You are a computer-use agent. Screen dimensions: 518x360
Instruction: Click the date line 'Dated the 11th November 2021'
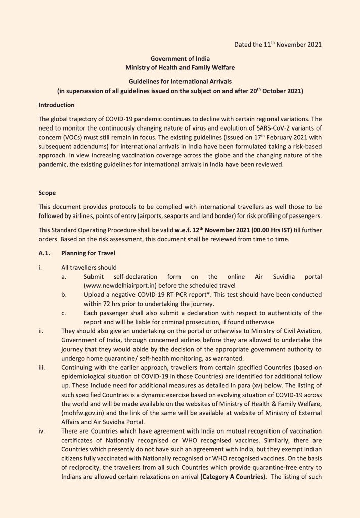click(278, 45)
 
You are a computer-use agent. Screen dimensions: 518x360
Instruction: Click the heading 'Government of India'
click(180, 59)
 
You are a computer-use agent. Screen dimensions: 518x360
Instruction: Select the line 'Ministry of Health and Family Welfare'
click(180, 67)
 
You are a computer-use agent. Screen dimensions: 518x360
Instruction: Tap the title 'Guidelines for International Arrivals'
click(180, 81)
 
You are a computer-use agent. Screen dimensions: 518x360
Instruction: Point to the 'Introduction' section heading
click(57, 105)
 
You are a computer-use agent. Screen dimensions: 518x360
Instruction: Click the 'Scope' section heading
click(47, 193)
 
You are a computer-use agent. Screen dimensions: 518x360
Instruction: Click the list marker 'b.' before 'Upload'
click(64, 294)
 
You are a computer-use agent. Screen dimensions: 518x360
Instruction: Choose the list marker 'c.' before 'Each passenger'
click(64, 313)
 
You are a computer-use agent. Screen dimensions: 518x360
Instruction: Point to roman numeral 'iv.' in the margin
click(42, 431)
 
